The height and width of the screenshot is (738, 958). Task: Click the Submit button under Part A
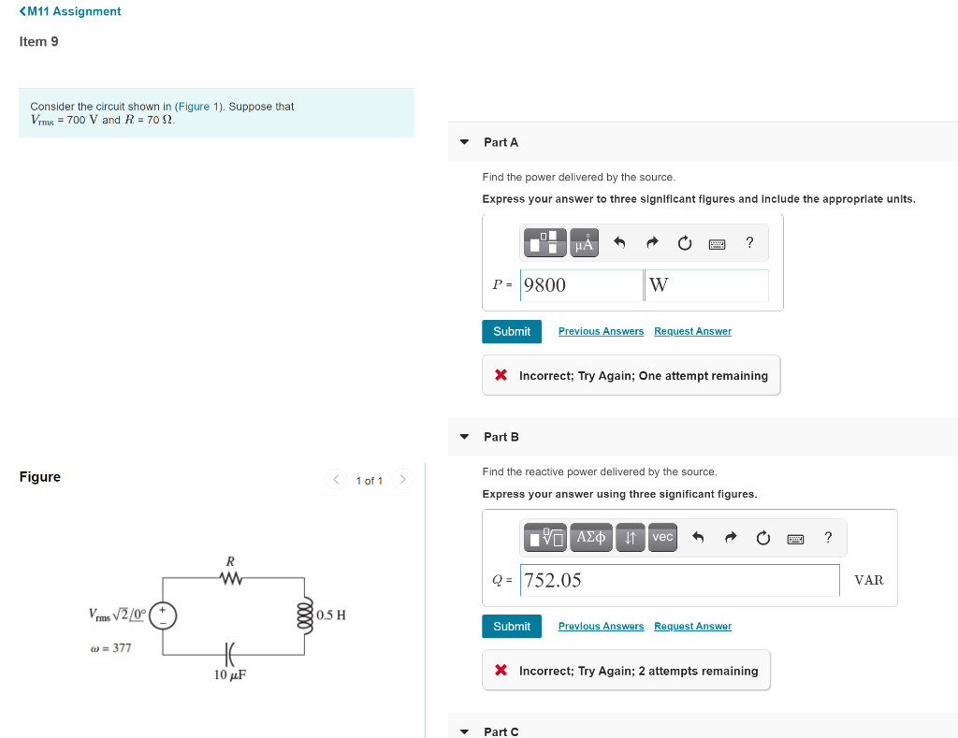tap(512, 331)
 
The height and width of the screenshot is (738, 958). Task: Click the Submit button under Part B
tap(512, 626)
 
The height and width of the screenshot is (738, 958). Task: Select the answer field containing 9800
tap(580, 285)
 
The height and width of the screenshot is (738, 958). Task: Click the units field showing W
tap(706, 285)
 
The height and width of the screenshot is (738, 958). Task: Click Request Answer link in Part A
tap(692, 331)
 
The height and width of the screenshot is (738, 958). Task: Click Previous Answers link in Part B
tap(601, 626)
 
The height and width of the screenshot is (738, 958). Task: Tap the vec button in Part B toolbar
tap(662, 537)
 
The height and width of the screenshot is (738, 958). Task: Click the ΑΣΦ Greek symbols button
tap(592, 537)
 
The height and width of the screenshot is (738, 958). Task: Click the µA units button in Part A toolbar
tap(584, 243)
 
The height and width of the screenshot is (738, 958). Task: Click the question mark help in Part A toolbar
tap(749, 243)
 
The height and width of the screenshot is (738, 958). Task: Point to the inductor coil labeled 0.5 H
tap(302, 615)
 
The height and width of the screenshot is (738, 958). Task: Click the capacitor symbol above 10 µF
tap(229, 653)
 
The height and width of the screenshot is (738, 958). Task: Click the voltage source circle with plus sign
tap(164, 615)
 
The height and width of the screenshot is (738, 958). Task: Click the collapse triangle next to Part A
tap(464, 142)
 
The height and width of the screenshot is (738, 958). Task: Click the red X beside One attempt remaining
tap(501, 375)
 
